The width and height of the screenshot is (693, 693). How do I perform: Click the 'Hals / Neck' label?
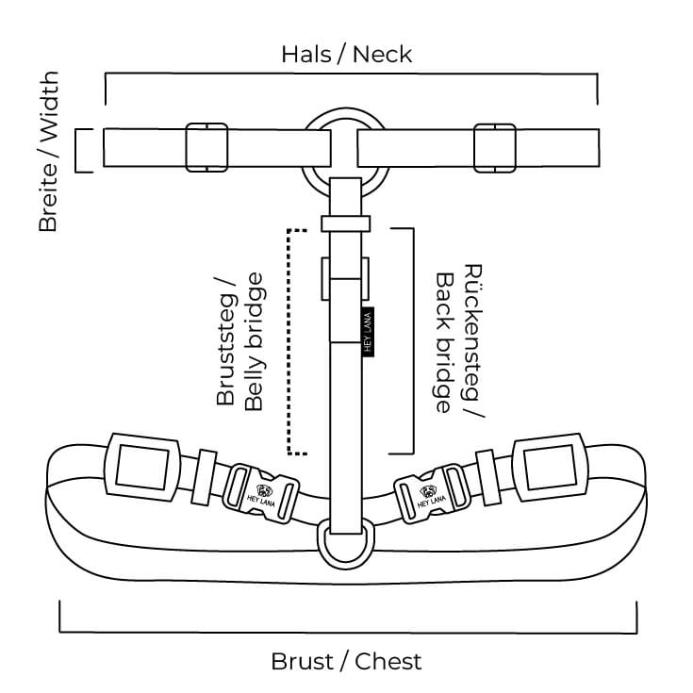[x=346, y=54]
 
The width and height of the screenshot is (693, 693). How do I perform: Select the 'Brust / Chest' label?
[x=346, y=661]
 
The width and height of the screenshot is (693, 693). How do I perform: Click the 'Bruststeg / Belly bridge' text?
[x=239, y=340]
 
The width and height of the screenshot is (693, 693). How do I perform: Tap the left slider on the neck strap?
[x=206, y=147]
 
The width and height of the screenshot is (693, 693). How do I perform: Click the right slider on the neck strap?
[x=495, y=147]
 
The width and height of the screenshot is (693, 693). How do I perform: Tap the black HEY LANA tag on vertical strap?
[x=369, y=331]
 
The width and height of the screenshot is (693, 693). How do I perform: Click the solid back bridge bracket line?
[x=413, y=340]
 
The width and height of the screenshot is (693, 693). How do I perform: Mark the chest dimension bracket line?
[x=347, y=630]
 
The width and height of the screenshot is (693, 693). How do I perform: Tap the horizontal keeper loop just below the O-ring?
[x=346, y=223]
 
